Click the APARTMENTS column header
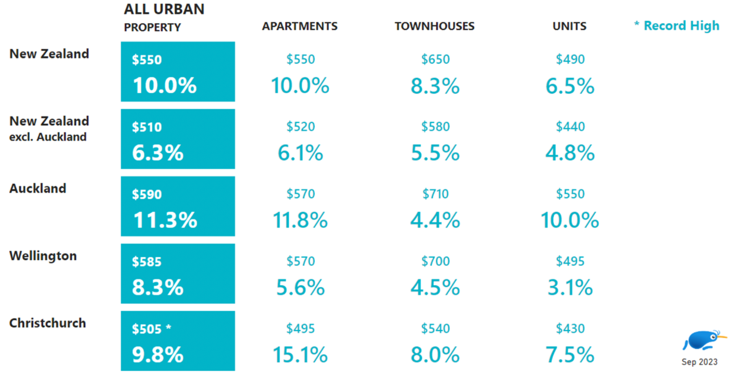pos(300,26)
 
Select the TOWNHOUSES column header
pos(435,26)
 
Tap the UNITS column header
pos(569,26)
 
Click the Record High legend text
pos(681,25)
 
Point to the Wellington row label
pos(43,256)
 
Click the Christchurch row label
pos(48,323)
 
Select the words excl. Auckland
pos(48,137)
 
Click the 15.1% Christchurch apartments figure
pos(300,355)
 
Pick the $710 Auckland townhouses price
pos(435,194)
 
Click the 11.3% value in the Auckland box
pos(165,220)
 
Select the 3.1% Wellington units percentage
pos(570,287)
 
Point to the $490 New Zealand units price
pos(570,59)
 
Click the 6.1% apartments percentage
pos(300,153)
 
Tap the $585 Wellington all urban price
pos(147,261)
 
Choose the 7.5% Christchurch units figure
pos(570,355)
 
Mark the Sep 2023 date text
pos(699,362)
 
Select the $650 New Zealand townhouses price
pos(435,59)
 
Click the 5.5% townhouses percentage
pos(435,153)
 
